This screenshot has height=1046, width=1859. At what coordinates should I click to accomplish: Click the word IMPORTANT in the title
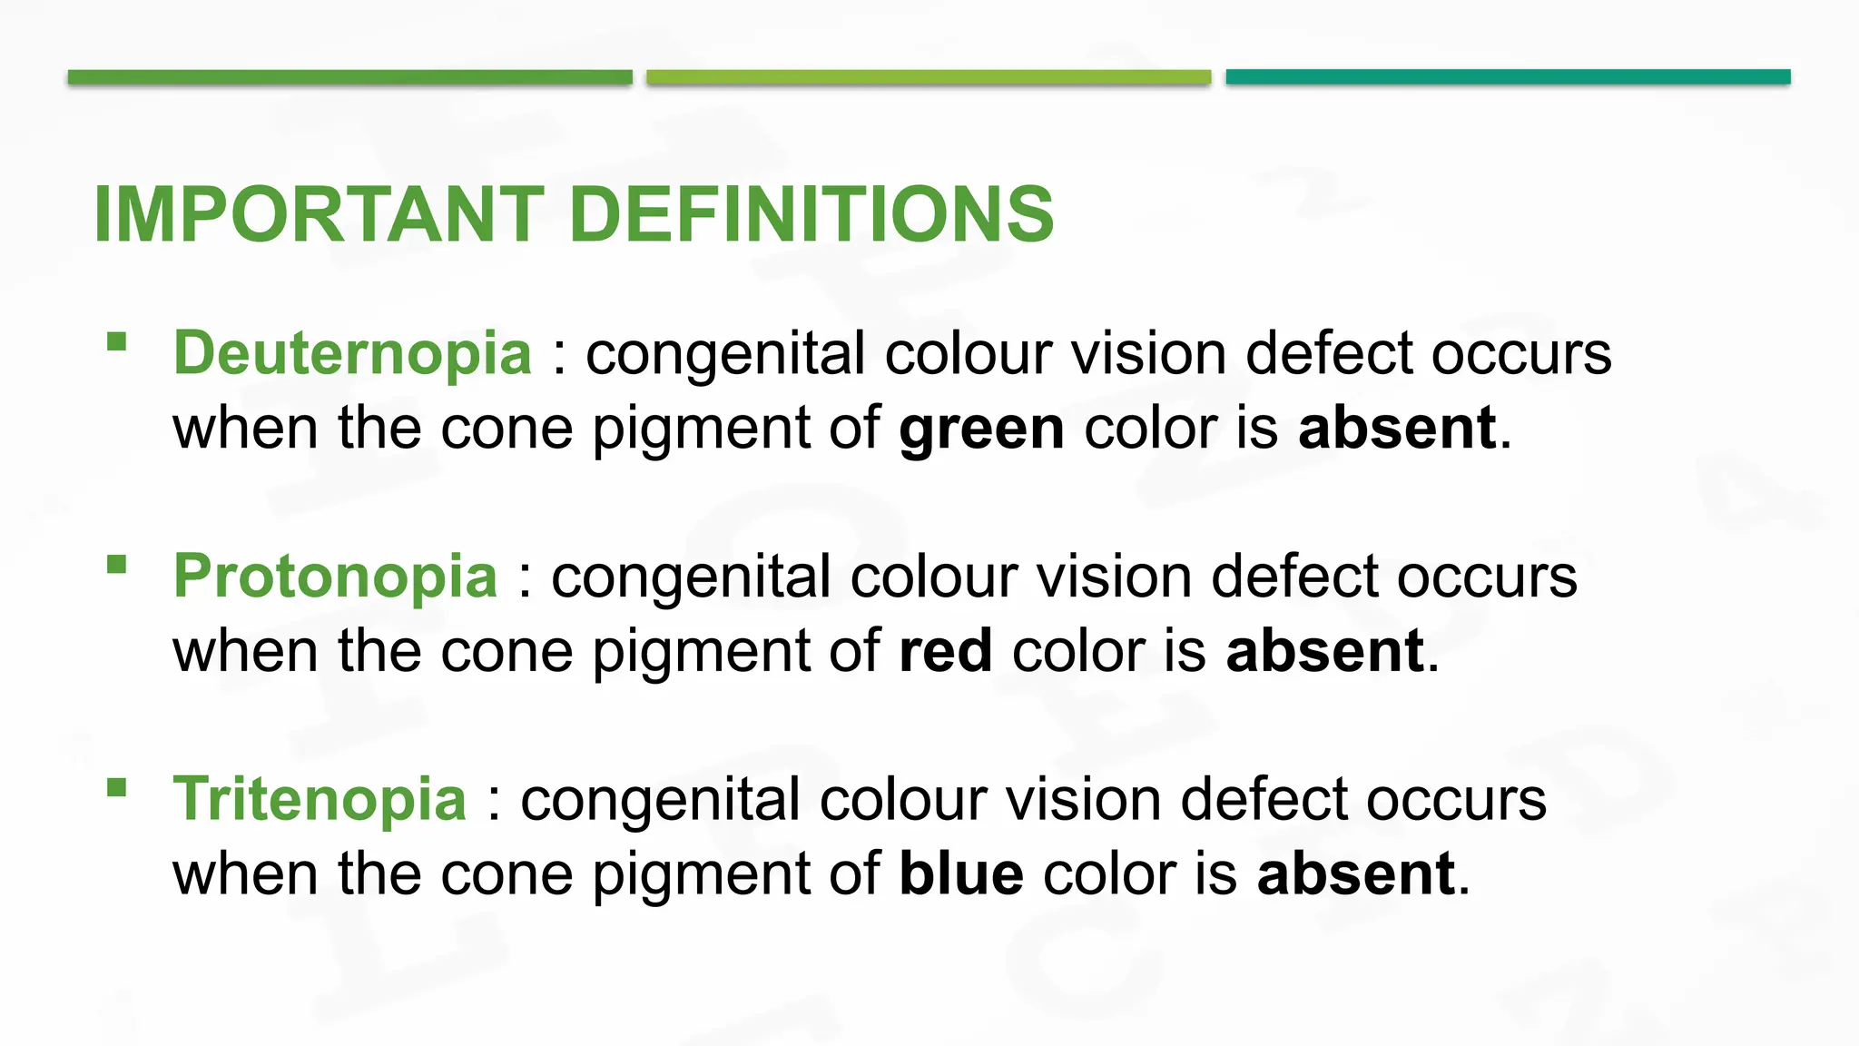[319, 214]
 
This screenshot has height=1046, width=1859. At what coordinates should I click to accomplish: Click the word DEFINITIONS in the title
[811, 214]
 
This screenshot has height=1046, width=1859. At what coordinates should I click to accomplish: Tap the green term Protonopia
[335, 576]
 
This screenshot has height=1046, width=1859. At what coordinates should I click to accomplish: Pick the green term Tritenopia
[320, 799]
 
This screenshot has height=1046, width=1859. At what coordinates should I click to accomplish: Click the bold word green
[981, 429]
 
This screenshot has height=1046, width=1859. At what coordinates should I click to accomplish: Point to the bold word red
[945, 651]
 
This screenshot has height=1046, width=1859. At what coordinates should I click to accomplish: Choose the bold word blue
[961, 873]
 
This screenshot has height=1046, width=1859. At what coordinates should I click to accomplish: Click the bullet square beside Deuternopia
[116, 341]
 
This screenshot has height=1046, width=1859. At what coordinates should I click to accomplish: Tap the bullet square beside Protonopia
[116, 565]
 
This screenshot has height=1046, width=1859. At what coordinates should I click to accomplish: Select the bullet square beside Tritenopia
[116, 787]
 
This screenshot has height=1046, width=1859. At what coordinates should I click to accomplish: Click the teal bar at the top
[1508, 77]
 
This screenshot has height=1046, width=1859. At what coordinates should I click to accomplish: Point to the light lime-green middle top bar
[929, 77]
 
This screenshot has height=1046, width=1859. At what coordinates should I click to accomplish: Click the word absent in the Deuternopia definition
[1397, 428]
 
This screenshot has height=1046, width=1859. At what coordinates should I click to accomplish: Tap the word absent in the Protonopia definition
[1324, 651]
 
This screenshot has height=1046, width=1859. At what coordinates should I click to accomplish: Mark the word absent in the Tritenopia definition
[1356, 873]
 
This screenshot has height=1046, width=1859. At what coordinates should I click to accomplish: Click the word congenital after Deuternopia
[725, 354]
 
